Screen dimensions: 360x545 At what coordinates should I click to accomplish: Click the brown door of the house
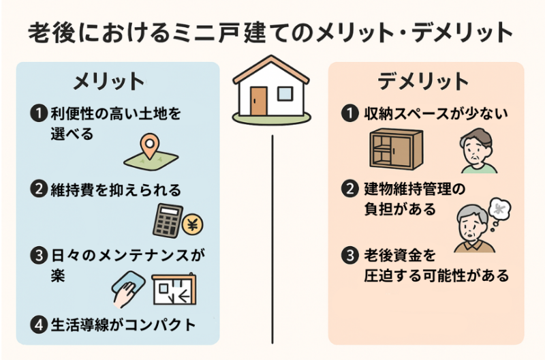[258, 100]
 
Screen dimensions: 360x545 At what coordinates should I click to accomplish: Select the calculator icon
[166, 219]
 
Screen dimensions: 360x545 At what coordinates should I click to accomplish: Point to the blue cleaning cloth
[130, 284]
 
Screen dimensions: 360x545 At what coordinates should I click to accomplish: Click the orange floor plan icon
[173, 290]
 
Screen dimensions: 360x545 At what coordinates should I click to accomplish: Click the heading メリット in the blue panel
[109, 81]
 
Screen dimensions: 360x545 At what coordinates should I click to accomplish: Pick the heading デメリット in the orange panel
[423, 81]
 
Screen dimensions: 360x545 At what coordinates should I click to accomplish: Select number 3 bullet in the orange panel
[349, 257]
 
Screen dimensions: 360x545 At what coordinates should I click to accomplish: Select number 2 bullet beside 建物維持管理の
[349, 189]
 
